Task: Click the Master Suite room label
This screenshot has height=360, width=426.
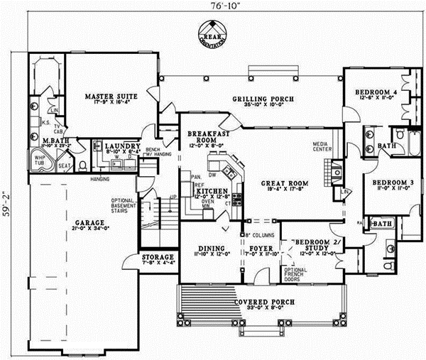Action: click(x=110, y=95)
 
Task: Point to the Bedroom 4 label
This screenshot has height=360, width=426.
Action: click(x=373, y=93)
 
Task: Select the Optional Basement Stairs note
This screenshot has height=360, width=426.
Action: click(x=128, y=206)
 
